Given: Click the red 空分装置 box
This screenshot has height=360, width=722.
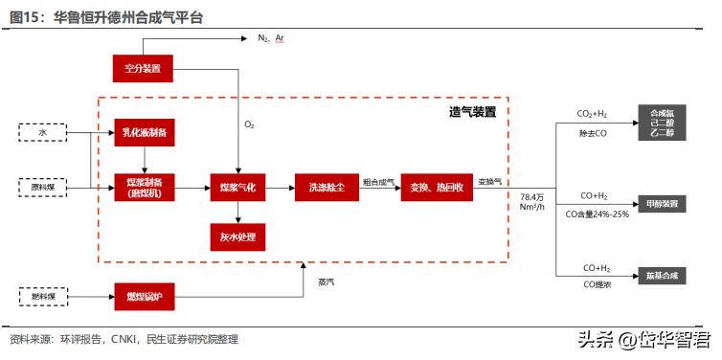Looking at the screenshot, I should click(143, 67).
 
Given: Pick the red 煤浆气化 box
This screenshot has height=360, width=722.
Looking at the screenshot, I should click(238, 188).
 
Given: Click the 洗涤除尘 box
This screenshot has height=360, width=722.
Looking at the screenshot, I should click(327, 188).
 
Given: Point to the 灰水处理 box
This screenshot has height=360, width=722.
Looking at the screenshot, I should click(238, 236).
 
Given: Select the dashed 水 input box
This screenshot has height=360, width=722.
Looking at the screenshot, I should click(42, 132).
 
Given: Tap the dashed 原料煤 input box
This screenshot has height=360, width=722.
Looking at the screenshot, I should click(42, 188).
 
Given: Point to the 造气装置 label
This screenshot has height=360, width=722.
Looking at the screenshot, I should click(472, 113).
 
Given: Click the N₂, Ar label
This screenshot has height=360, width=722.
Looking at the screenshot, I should click(271, 38).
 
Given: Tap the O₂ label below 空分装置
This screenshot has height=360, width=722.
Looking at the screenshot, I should click(249, 124).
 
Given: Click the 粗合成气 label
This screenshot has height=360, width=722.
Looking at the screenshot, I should click(378, 181).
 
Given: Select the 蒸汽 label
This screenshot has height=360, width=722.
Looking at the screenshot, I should click(327, 281).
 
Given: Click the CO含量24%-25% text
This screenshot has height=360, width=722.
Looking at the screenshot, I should click(598, 214).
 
